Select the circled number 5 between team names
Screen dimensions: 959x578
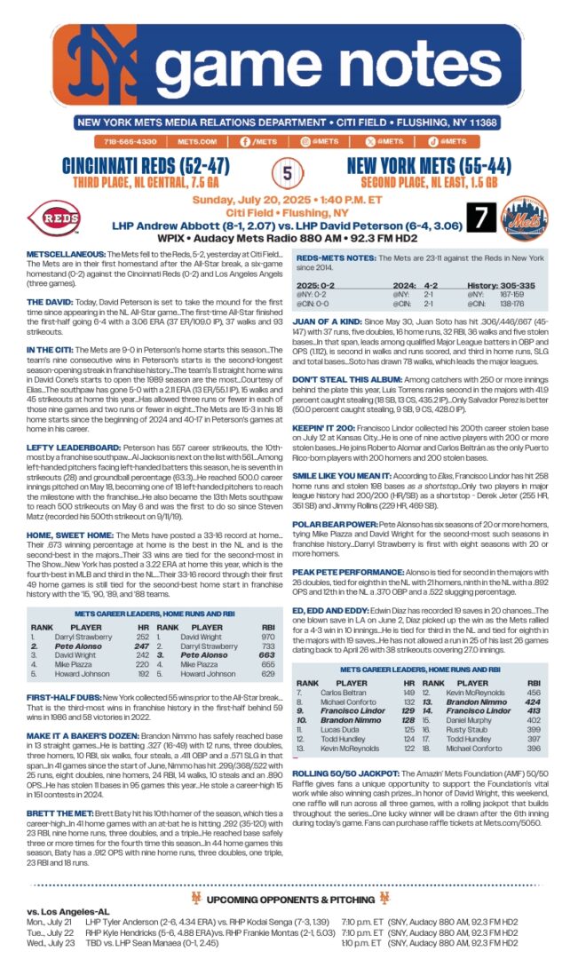click(287, 171)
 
